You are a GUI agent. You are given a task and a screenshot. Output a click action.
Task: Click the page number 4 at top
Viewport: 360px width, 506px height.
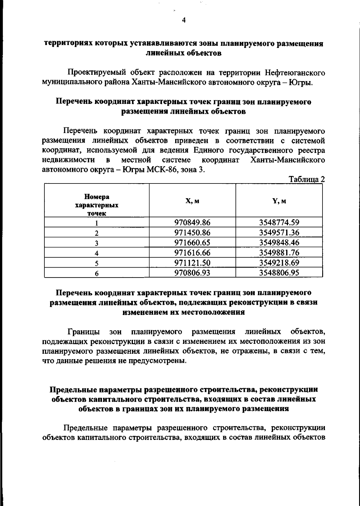184,20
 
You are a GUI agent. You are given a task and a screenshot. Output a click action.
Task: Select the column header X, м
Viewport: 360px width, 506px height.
192,201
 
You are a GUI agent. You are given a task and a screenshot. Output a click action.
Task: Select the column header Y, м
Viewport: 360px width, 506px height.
279,201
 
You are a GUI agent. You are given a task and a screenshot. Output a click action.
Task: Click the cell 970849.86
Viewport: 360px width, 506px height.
192,223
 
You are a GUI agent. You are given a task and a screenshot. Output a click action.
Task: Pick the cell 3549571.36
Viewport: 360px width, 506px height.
279,232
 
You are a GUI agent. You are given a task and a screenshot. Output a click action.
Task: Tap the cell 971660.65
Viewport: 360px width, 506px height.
192,242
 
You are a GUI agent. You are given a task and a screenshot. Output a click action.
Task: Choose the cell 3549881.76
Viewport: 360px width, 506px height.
279,253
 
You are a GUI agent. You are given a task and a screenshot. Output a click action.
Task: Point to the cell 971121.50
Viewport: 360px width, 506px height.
192,263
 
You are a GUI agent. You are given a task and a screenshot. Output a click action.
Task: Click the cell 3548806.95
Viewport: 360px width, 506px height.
279,273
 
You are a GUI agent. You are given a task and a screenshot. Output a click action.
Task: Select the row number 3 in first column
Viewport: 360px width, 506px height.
97,243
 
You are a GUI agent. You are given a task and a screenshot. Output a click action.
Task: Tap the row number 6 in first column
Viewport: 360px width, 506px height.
97,273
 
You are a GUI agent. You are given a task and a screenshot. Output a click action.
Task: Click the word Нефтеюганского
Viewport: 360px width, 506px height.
295,73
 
